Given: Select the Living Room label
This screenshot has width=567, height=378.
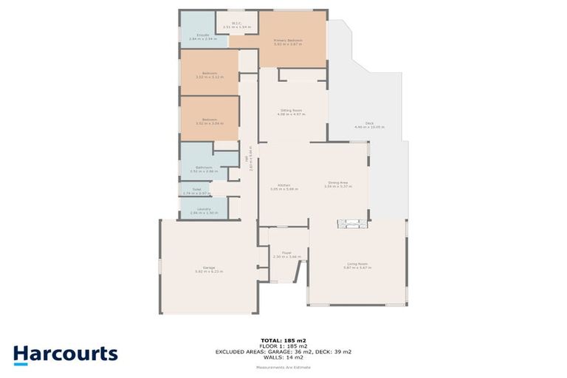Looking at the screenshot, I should click(x=357, y=264).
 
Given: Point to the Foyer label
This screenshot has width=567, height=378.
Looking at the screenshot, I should click(x=283, y=255).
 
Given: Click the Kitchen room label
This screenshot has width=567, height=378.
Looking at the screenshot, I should click(x=283, y=186).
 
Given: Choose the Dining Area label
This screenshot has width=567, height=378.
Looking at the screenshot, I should click(x=338, y=185).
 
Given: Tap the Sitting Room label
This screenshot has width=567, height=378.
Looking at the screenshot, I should click(x=291, y=111).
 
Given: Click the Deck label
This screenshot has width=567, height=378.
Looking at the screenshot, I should click(x=369, y=125).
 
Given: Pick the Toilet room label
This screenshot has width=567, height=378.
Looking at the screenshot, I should click(x=196, y=191).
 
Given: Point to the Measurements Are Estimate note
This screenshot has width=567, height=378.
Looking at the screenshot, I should click(x=283, y=367).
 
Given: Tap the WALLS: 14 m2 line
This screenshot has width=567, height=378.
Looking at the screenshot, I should click(x=283, y=358).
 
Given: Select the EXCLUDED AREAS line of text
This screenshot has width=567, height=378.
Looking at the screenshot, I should click(x=283, y=352).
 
